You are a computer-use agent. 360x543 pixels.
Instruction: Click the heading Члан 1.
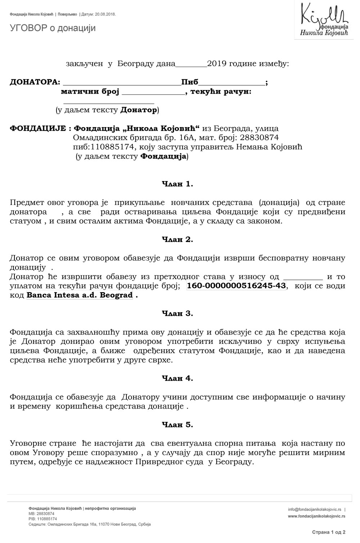177,184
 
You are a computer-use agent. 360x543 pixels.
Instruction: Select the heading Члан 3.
177,313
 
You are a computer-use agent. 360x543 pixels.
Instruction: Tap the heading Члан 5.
177,425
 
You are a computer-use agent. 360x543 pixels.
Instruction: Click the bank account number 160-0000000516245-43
237,286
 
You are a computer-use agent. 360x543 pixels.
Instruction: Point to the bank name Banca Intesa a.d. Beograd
80,295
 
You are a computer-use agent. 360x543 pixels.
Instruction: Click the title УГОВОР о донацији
53,28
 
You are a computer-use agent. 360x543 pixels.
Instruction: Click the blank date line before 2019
191,66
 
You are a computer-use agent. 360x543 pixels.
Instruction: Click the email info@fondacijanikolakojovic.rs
315,510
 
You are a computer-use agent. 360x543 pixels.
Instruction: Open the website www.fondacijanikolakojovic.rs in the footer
316,516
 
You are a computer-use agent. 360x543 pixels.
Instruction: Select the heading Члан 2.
177,239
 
